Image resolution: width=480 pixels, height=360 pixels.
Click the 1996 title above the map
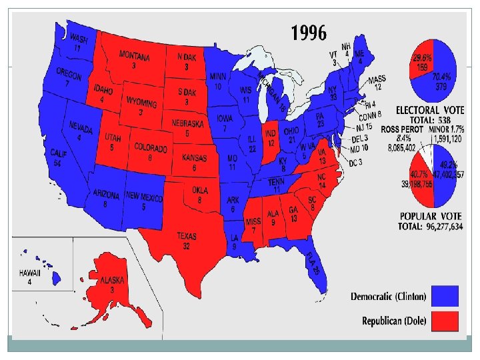(308, 32)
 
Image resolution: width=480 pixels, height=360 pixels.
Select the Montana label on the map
(134, 57)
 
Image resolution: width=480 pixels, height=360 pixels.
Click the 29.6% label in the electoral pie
(421, 62)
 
